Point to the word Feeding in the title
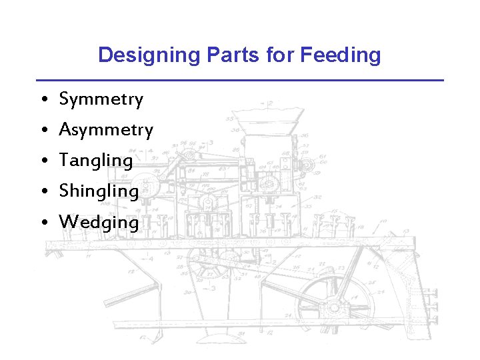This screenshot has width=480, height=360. pyautogui.click(x=341, y=55)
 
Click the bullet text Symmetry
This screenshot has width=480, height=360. pyautogui.click(x=101, y=100)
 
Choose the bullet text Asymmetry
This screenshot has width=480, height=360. pyautogui.click(x=106, y=130)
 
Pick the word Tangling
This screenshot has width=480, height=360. pyautogui.click(x=96, y=161)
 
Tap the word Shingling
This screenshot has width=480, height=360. pyautogui.click(x=99, y=191)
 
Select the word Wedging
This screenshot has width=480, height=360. pyautogui.click(x=99, y=222)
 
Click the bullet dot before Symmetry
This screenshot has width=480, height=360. pyautogui.click(x=42, y=101)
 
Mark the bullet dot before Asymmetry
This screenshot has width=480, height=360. pyautogui.click(x=42, y=131)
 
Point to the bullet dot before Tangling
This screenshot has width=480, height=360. pyautogui.click(x=42, y=161)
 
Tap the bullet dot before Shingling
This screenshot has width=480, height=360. pyautogui.click(x=42, y=192)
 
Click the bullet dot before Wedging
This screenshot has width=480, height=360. pyautogui.click(x=42, y=223)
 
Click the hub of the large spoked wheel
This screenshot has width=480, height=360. pyautogui.click(x=334, y=307)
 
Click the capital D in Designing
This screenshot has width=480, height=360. pyautogui.click(x=105, y=55)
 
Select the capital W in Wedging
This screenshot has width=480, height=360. pyautogui.click(x=67, y=222)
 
